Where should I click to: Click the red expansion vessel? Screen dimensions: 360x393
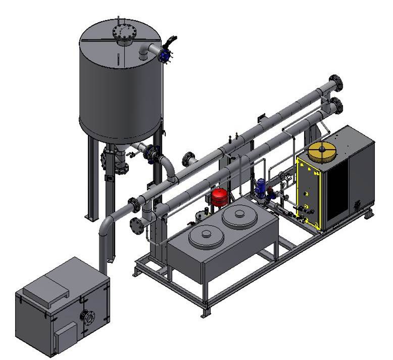pyautogui.click(x=220, y=197)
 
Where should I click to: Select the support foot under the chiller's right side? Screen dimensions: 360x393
pyautogui.click(x=368, y=214)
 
